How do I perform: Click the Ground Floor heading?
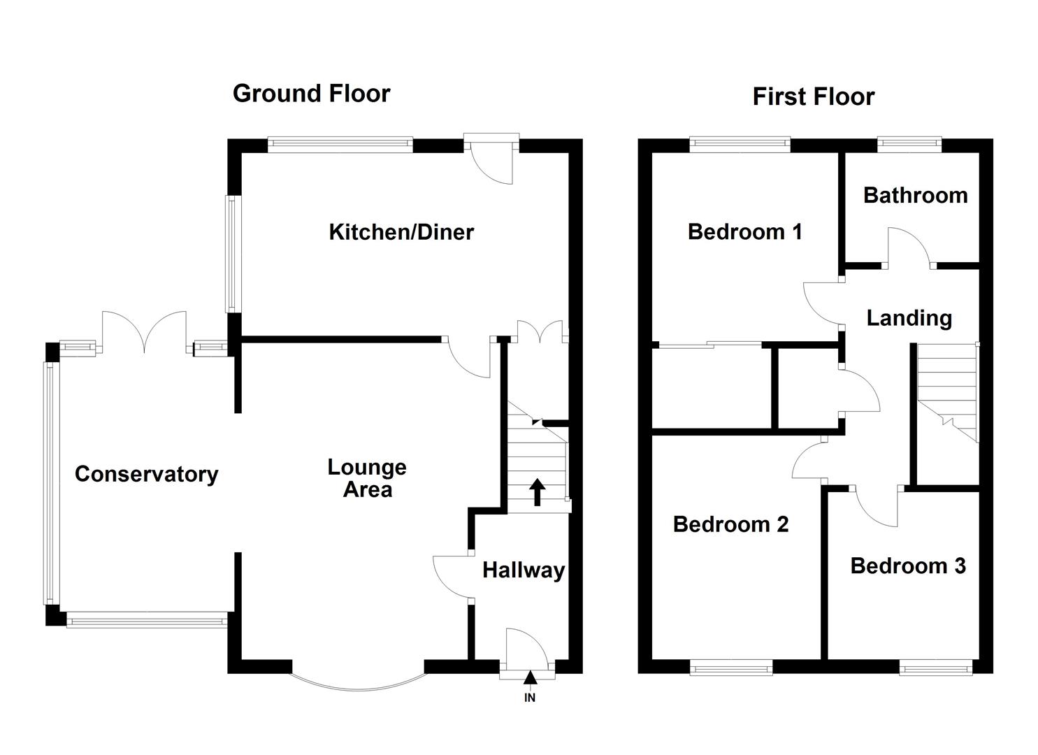pos(311,94)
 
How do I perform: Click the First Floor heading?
pos(813,97)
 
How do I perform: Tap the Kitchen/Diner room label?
pos(401,232)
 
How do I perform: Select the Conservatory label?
pos(147,475)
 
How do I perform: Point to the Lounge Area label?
pos(367,478)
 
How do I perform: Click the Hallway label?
pos(524,570)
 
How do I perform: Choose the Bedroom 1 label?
pos(744,231)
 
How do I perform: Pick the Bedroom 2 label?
pos(730,524)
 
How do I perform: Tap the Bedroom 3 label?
pos(908,566)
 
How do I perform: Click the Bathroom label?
pos(915,195)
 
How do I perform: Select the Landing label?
pos(909,318)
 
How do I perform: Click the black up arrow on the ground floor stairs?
pos(537,491)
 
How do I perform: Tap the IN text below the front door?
pos(530,698)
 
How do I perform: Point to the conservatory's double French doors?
pos(145,331)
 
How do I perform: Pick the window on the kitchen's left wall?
pos(231,253)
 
